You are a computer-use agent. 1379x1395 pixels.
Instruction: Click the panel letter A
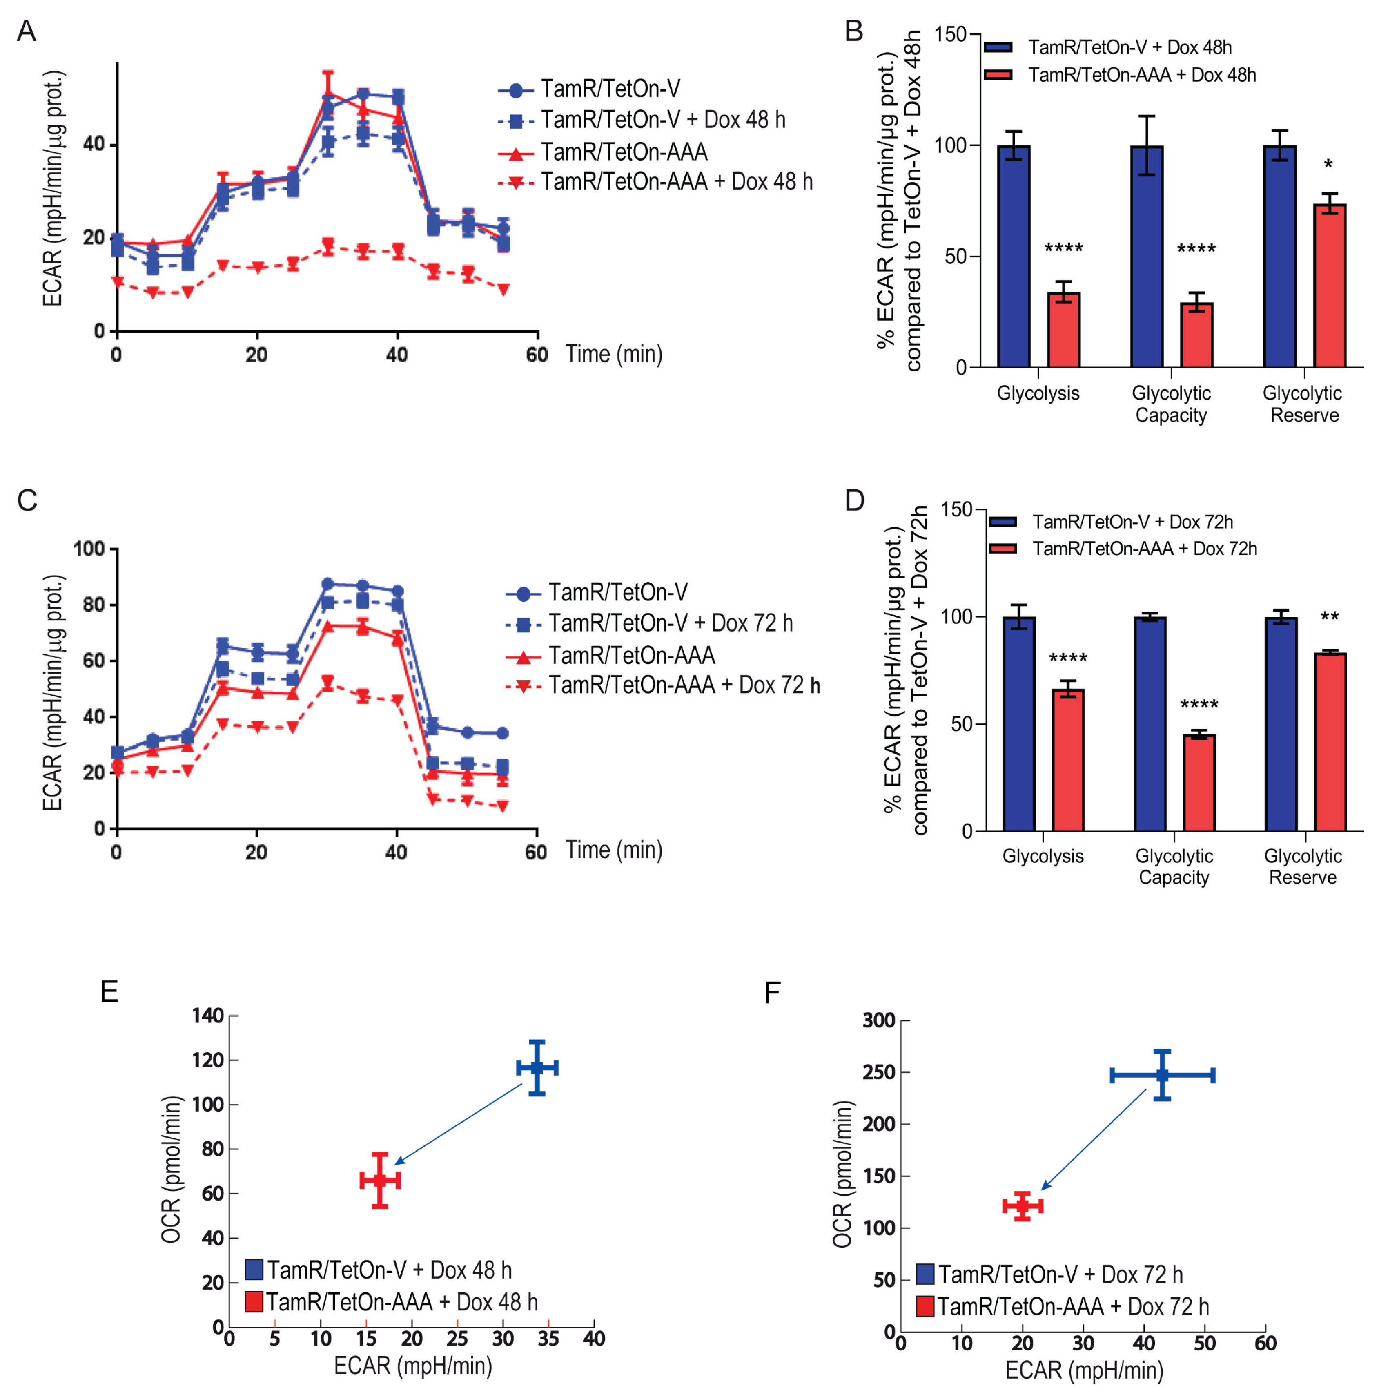(x=27, y=32)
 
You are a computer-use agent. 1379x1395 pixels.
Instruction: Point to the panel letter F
(x=772, y=993)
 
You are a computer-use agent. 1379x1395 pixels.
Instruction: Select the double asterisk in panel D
(x=1329, y=617)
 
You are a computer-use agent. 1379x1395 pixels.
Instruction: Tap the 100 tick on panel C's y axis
(x=89, y=549)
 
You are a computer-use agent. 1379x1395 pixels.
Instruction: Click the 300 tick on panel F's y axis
(x=878, y=1020)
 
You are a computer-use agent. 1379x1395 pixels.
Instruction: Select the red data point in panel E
(x=380, y=1181)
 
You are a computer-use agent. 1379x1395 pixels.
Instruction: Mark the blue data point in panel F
(x=1162, y=1075)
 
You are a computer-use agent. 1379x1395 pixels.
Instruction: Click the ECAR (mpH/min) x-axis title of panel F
(x=1084, y=1370)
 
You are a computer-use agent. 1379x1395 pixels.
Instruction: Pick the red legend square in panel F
(x=925, y=1306)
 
